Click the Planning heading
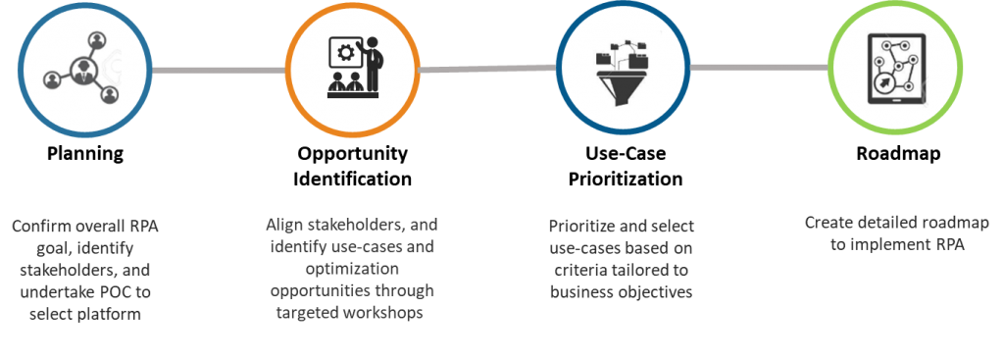click(85, 154)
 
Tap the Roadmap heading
click(898, 154)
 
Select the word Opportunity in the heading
click(352, 154)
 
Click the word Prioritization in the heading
click(625, 179)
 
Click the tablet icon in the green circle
click(895, 69)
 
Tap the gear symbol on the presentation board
click(344, 52)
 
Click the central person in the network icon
click(83, 70)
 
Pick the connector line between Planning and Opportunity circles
click(219, 70)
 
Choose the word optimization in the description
click(352, 268)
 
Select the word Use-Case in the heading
click(625, 154)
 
